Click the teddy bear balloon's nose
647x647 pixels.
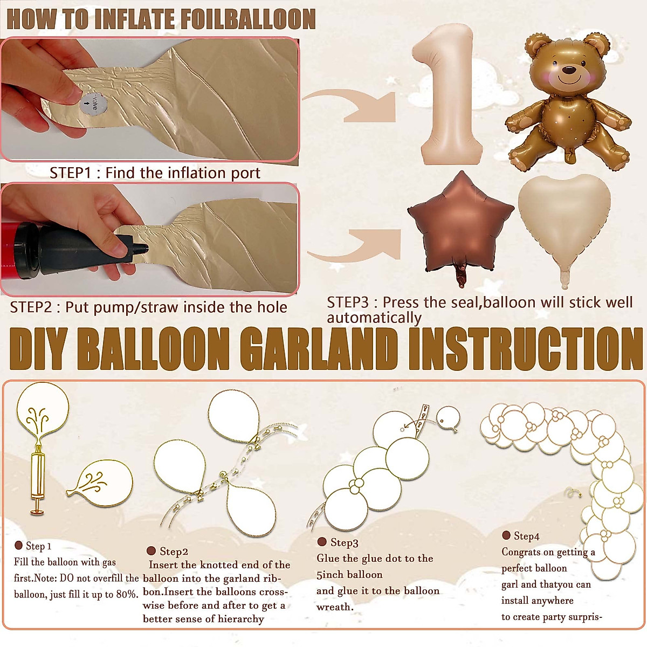point(568,70)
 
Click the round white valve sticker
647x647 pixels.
point(93,104)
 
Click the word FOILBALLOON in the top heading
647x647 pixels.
point(248,19)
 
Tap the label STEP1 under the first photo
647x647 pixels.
point(70,173)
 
